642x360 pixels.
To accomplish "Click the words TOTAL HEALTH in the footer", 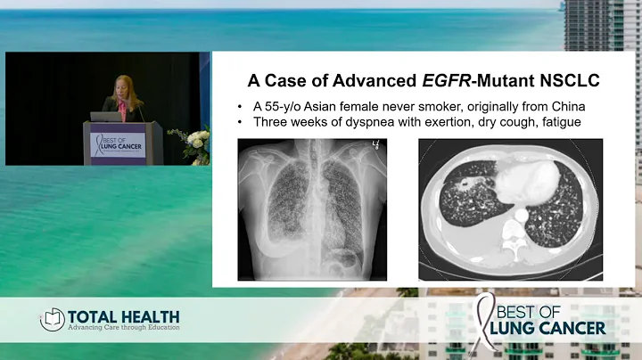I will tap(124, 316).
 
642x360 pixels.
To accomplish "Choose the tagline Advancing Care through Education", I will tap(124, 328).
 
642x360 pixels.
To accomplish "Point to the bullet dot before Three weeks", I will tap(243, 122).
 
